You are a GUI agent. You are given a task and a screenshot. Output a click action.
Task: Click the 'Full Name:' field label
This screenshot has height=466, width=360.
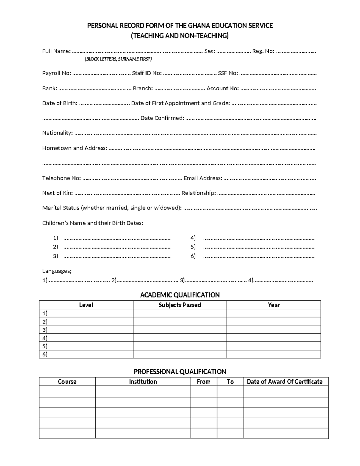pyautogui.click(x=56, y=51)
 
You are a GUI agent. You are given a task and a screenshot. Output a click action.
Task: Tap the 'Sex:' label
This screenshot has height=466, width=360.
pyautogui.click(x=209, y=51)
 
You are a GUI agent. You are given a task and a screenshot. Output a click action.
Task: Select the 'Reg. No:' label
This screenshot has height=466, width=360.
pyautogui.click(x=263, y=51)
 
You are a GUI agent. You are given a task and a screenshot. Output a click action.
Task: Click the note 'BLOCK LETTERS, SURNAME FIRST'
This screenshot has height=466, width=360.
pyautogui.click(x=118, y=59)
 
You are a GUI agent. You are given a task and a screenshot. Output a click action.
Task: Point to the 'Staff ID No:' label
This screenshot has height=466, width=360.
pyautogui.click(x=147, y=73)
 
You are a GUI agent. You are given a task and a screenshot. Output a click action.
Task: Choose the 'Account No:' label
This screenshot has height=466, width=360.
pyautogui.click(x=223, y=88)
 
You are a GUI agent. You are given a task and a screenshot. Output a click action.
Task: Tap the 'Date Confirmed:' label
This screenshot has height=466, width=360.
pyautogui.click(x=162, y=118)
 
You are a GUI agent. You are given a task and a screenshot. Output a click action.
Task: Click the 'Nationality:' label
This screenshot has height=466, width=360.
pyautogui.click(x=57, y=133)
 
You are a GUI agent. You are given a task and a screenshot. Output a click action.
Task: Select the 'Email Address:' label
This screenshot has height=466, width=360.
pyautogui.click(x=203, y=178)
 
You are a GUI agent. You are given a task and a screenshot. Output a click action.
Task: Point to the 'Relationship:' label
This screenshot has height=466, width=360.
pyautogui.click(x=199, y=193)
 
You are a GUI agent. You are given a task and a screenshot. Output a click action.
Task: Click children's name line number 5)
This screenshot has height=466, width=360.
pyautogui.click(x=258, y=247)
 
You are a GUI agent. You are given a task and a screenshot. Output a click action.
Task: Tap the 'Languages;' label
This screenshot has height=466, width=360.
pyautogui.click(x=57, y=271)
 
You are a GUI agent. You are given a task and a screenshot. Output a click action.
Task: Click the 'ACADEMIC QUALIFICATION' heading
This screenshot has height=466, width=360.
pyautogui.click(x=180, y=295)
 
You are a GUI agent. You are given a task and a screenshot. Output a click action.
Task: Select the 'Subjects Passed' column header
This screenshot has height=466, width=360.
pyautogui.click(x=180, y=305)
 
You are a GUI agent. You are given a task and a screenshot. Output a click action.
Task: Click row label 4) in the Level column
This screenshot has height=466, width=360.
pyautogui.click(x=45, y=338)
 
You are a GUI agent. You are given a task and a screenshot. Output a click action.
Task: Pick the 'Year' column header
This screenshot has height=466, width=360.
pyautogui.click(x=274, y=305)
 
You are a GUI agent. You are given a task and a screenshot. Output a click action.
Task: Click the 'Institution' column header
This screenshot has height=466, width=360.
pyautogui.click(x=143, y=382)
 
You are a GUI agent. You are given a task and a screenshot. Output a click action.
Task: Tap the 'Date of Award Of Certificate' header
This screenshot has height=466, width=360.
pyautogui.click(x=284, y=382)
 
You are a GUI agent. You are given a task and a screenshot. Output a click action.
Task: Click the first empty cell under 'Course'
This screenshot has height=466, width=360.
pyautogui.click(x=67, y=391)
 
